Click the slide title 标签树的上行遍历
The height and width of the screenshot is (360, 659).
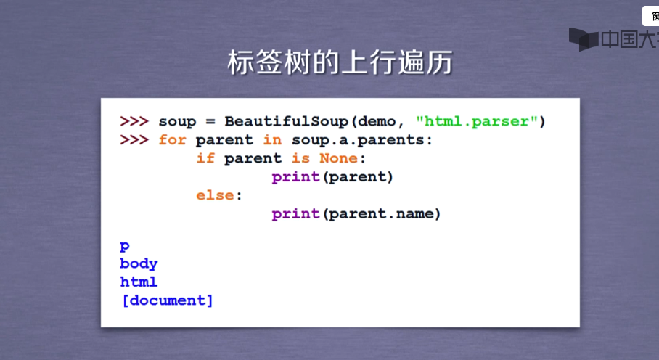tap(340, 62)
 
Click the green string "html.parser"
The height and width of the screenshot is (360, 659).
tap(477, 121)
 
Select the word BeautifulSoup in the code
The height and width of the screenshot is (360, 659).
tap(286, 121)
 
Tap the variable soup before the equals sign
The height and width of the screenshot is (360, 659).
tap(177, 122)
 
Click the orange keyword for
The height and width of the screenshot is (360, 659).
tap(172, 139)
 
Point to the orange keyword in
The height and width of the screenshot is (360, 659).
tap(272, 139)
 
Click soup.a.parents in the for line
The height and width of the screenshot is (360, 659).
tap(358, 140)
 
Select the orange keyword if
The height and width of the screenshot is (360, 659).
tap(205, 158)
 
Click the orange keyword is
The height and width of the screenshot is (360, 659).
tap(300, 158)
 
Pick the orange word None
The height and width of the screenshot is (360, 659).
tap(338, 158)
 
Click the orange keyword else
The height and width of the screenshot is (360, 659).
tap(215, 195)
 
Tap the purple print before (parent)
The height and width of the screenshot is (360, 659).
tap(295, 177)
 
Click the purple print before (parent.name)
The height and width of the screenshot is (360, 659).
tap(295, 214)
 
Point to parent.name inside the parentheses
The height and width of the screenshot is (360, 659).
tap(382, 214)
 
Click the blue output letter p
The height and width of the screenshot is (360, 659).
tap(124, 246)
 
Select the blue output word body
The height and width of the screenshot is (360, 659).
tap(139, 263)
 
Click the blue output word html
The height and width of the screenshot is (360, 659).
tap(139, 282)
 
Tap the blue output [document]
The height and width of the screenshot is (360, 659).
tap(167, 300)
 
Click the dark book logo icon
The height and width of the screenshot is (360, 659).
tap(584, 39)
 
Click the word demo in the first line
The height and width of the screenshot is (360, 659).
tap(377, 122)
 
